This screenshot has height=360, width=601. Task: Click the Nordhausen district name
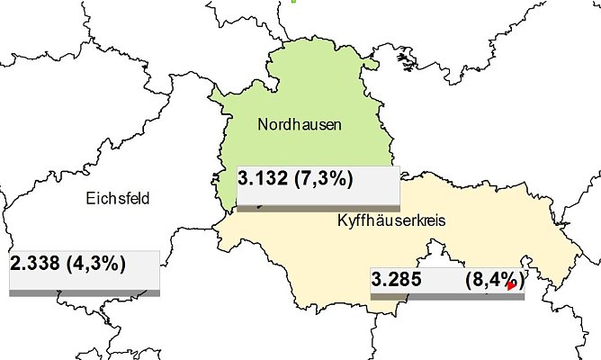[x=300, y=125]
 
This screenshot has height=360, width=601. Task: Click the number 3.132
[x=263, y=179]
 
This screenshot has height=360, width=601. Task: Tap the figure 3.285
[x=398, y=280]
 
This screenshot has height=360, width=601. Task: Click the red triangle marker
[x=512, y=285]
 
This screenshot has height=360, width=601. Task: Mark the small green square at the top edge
[x=293, y=1]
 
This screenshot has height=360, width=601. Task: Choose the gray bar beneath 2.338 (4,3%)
[x=85, y=292]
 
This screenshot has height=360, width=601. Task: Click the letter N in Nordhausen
[x=263, y=125]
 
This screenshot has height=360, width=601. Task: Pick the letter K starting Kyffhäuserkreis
[x=341, y=220]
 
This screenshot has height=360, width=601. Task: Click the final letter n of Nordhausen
[x=336, y=125]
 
